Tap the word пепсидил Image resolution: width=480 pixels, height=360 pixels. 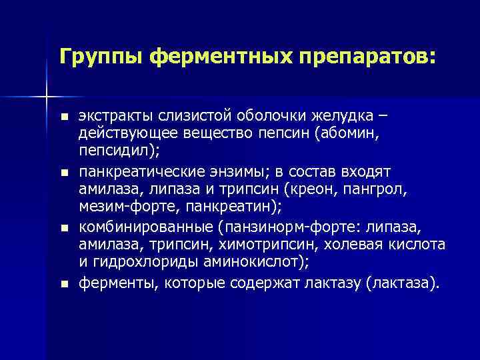pyautogui.click(x=113, y=152)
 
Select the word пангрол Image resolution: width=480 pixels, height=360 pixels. pyautogui.click(x=377, y=190)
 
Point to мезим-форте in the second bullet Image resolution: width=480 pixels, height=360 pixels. pyautogui.click(x=117, y=207)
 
